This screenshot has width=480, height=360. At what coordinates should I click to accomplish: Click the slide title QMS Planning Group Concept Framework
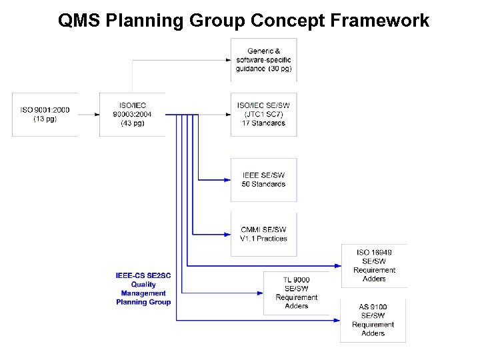tap(243, 21)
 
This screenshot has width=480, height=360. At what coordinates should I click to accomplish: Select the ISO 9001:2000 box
tap(45, 115)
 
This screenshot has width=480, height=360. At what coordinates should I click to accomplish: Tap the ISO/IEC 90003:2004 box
tap(132, 115)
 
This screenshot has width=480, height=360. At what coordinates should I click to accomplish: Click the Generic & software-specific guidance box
tap(263, 60)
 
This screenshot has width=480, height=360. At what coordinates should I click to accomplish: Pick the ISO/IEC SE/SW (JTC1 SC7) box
tap(263, 114)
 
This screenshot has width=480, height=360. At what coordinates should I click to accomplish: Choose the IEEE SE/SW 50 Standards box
tap(263, 180)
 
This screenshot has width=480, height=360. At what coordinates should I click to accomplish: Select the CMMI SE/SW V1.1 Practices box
tap(263, 234)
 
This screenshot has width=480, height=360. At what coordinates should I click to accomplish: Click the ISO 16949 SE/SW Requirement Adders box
tap(373, 266)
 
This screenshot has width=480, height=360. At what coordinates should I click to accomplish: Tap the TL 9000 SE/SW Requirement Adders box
tap(297, 292)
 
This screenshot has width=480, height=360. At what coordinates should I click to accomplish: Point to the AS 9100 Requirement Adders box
tap(373, 320)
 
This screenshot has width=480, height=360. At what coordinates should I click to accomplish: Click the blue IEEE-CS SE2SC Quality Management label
tap(143, 289)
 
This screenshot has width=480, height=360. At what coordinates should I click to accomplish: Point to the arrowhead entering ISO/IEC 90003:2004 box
tap(95, 115)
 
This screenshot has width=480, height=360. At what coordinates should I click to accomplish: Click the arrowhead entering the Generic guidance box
tap(227, 60)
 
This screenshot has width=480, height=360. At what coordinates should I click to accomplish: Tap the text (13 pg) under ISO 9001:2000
tap(45, 119)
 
